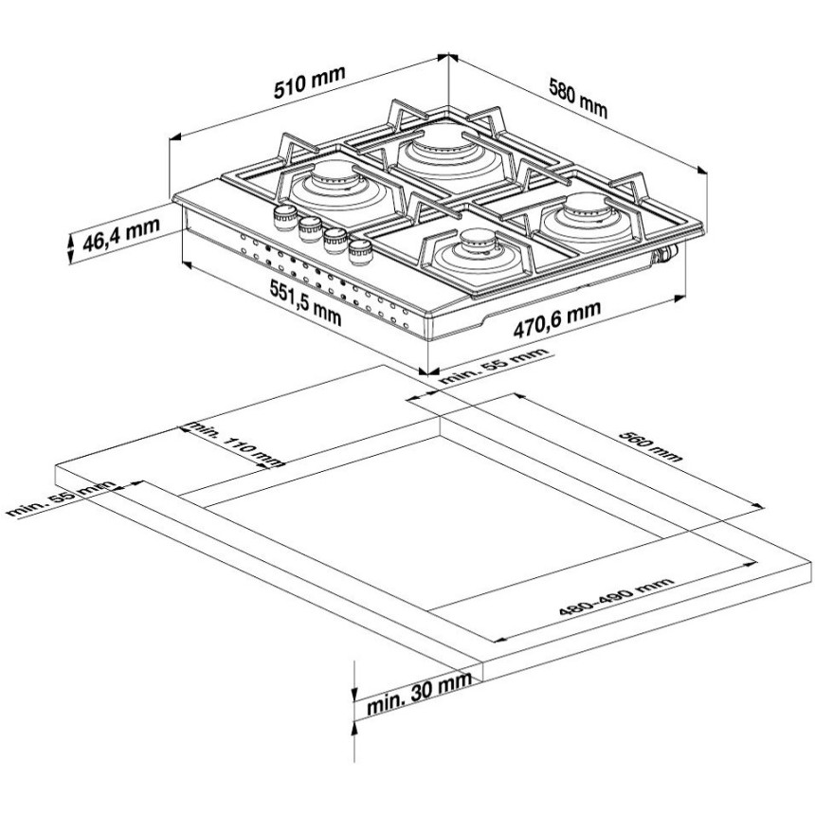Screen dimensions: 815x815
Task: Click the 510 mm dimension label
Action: click(310, 82)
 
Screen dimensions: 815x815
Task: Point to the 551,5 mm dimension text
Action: click(305, 302)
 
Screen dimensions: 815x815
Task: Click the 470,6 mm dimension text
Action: click(556, 318)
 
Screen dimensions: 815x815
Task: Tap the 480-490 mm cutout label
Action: click(616, 596)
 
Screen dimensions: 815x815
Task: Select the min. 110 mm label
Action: click(235, 444)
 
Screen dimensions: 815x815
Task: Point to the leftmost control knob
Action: click(285, 217)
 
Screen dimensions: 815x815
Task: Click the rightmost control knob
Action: click(359, 252)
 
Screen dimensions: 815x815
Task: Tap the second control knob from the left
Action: click(310, 229)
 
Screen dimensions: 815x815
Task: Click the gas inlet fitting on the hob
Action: click(667, 253)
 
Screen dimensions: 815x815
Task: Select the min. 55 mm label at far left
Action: click(62, 498)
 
